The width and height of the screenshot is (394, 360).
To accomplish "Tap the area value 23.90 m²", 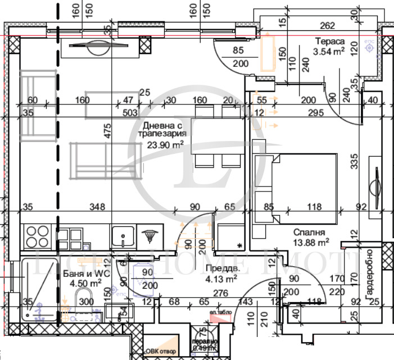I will tap(166, 145).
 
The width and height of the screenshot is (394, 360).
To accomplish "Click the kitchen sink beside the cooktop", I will tap(123, 236).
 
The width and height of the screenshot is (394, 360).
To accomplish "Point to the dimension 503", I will tap(130, 112).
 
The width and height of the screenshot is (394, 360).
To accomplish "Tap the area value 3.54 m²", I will tap(329, 52).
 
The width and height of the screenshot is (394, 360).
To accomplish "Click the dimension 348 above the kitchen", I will tap(98, 207).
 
